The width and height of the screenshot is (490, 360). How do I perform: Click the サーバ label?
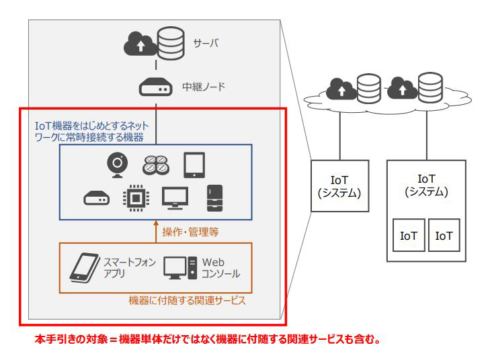tap(207, 44)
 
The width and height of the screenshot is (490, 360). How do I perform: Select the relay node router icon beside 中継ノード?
tap(155, 87)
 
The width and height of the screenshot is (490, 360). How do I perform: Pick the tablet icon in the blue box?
tap(194, 165)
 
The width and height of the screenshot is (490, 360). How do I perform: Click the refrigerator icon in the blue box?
tap(214, 197)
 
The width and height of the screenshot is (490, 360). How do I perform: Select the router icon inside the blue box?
tap(96, 199)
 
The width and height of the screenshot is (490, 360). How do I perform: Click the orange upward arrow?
tap(155, 231)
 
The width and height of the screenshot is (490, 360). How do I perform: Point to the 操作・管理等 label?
tap(191, 232)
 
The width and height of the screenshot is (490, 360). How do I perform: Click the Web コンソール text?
tap(220, 268)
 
